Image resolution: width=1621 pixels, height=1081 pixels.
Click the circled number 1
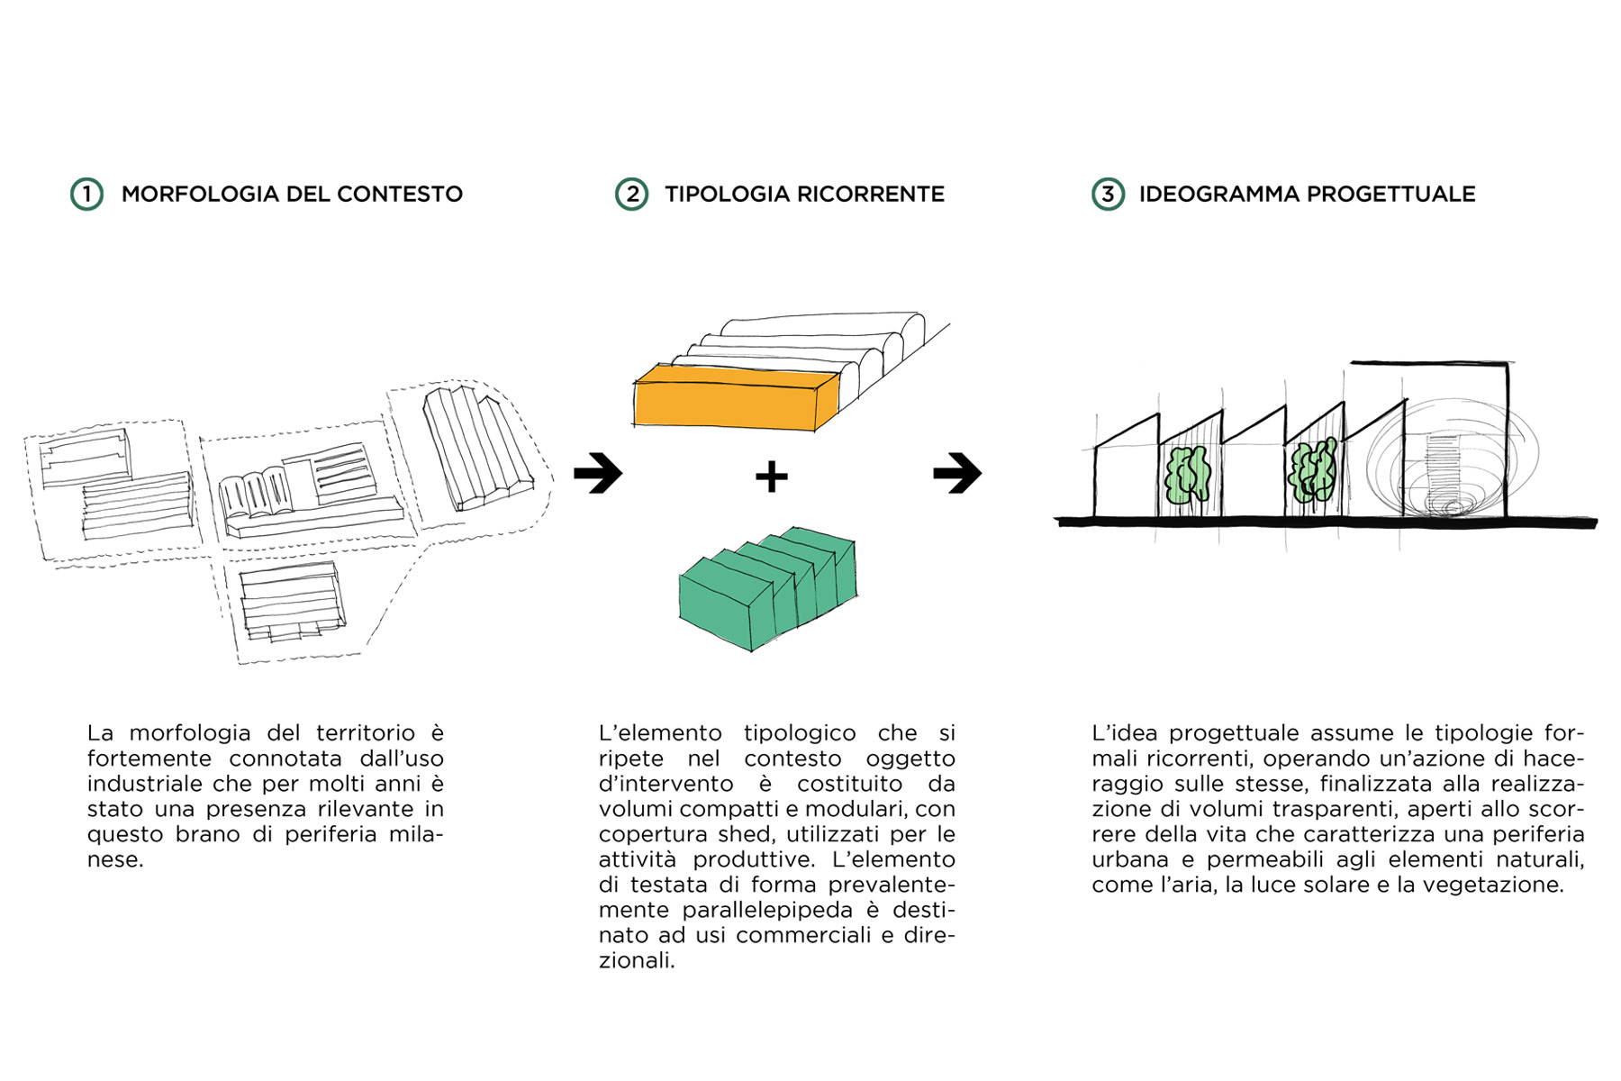(x=86, y=194)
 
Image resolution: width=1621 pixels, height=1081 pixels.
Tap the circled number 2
(x=631, y=194)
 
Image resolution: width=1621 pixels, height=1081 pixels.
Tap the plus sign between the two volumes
(x=771, y=476)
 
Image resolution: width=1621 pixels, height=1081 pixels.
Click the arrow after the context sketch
(x=598, y=472)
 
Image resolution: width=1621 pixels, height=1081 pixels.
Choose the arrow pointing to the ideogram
(x=957, y=472)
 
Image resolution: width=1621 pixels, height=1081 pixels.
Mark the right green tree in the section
(x=1312, y=470)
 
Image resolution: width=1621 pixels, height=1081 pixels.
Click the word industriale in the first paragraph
(x=145, y=784)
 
